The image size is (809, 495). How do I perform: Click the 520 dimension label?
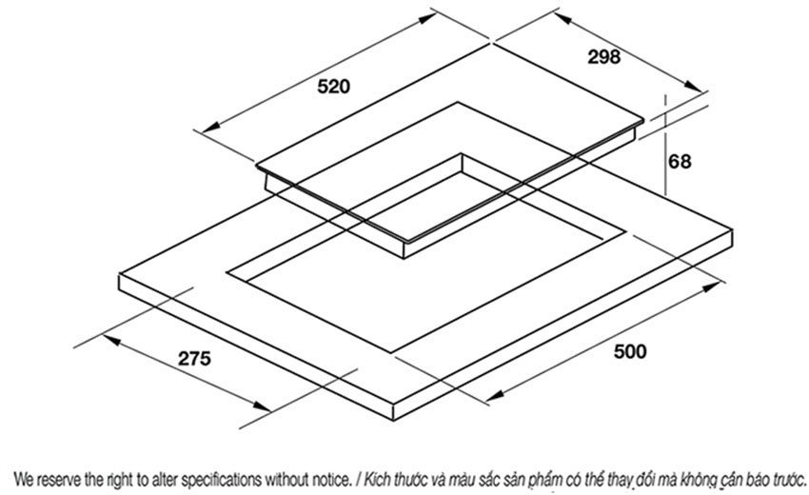[x=334, y=87]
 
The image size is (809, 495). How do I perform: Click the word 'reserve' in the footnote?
[x=60, y=476]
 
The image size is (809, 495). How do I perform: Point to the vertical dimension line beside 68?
[x=665, y=162]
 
